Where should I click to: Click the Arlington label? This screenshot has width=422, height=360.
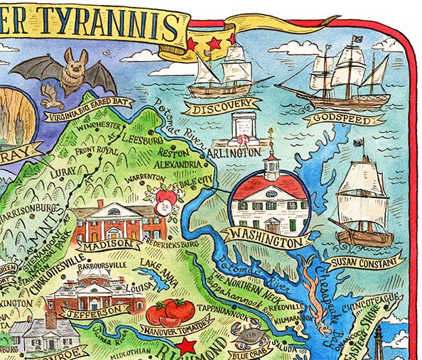[x=237, y=153]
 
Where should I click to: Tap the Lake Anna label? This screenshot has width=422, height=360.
[x=154, y=265]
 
